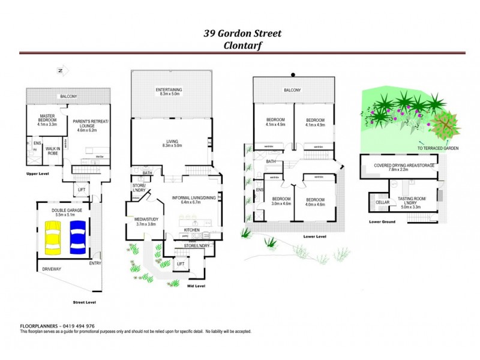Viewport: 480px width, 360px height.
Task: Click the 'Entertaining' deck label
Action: click(x=169, y=92)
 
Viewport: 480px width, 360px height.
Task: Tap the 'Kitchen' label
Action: click(x=191, y=230)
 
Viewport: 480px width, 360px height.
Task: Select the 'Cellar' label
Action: click(x=382, y=202)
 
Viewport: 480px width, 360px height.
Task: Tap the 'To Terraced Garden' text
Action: click(x=434, y=148)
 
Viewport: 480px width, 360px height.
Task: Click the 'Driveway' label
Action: click(x=52, y=269)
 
